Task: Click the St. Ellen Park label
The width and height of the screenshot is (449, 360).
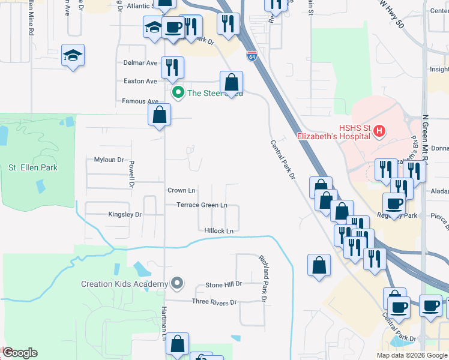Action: [x=33, y=167]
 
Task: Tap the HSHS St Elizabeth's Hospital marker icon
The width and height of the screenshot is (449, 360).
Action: [x=379, y=131]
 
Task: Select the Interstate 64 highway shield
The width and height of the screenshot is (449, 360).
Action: [x=253, y=56]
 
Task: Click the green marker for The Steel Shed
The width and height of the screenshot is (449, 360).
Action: [x=178, y=92]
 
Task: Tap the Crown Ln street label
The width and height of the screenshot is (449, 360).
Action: [x=181, y=190]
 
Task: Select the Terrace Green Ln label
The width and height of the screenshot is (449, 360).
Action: [x=202, y=205]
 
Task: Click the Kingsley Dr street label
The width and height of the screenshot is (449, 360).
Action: [x=125, y=214]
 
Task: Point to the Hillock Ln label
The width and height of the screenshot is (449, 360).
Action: [x=218, y=230]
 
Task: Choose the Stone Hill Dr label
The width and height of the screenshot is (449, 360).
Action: [x=223, y=284]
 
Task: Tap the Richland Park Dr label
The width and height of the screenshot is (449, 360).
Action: [x=263, y=278]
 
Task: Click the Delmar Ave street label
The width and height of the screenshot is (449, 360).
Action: [x=140, y=62]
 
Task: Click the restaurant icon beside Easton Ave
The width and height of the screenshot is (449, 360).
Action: [x=173, y=67]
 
